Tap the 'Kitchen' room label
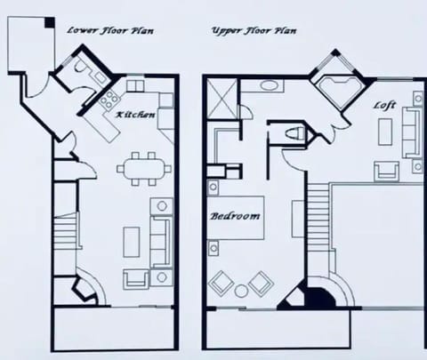[136, 116]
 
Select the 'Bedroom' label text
[236, 216]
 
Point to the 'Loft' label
[384, 105]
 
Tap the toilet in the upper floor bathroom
[296, 133]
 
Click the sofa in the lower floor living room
[161, 237]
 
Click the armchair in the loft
[385, 171]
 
